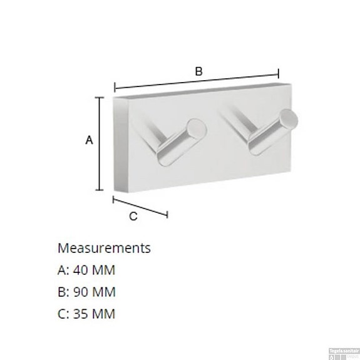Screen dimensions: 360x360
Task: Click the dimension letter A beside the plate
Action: pyautogui.click(x=89, y=141)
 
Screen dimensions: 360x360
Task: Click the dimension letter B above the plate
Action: pyautogui.click(x=198, y=72)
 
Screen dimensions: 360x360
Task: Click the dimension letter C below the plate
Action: pyautogui.click(x=133, y=217)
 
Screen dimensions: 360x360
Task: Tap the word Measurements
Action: pyautogui.click(x=104, y=248)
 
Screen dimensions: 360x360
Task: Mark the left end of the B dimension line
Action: pyautogui.click(x=115, y=88)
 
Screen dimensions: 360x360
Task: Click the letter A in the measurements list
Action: pyautogui.click(x=61, y=270)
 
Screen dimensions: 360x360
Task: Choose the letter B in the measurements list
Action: pyautogui.click(x=61, y=292)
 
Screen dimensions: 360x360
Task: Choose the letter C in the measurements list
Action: pyautogui.click(x=61, y=314)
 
